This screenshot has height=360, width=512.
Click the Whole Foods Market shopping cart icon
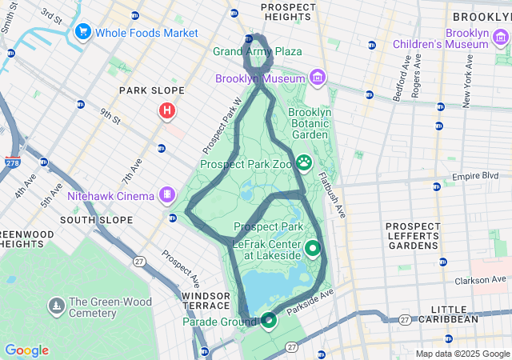coord(82,33)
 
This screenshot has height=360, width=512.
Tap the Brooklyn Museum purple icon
coord(318,78)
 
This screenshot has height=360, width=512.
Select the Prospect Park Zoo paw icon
coord(304,163)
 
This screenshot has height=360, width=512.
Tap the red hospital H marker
coord(166,110)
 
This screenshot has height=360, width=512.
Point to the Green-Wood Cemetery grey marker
coord(56,306)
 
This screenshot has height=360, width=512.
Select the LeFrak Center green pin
coord(311,249)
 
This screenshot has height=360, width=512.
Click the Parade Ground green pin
coord(268,321)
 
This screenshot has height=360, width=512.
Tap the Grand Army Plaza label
coord(257,51)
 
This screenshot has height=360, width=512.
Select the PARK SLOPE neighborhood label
coord(152,90)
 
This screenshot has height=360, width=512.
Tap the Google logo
coord(26,350)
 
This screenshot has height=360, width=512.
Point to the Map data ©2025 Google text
coord(462,354)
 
